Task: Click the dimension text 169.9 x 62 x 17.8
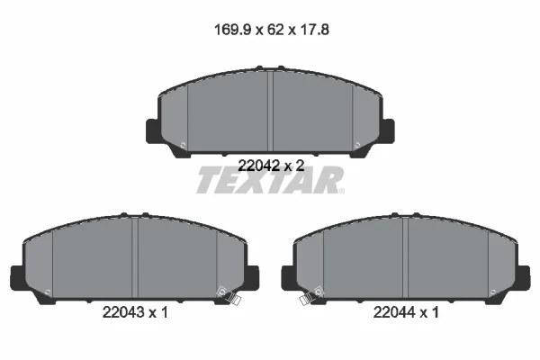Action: coord(272,30)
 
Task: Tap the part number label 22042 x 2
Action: coord(272,166)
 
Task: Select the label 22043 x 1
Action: coord(135,312)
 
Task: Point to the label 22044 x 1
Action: coord(406,312)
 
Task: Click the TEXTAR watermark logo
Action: coord(270,180)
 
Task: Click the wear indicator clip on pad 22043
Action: coord(229,295)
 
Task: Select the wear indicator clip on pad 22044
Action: coord(312,295)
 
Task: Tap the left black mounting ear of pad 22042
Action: coord(154,130)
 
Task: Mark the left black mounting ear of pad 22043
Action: coord(18,278)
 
